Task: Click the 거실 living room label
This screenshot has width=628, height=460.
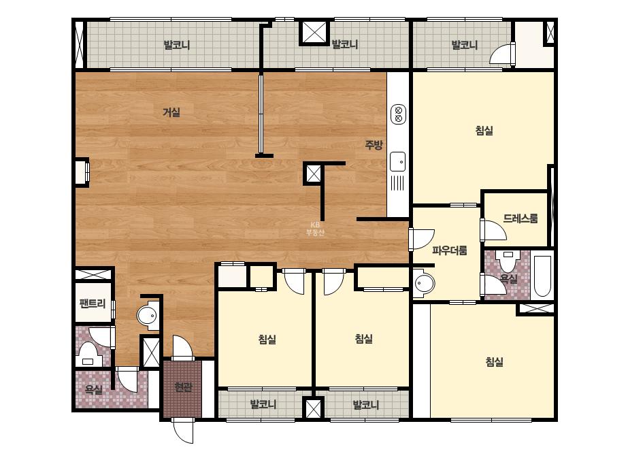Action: (x=171, y=112)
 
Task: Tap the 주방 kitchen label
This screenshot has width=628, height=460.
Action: (x=374, y=145)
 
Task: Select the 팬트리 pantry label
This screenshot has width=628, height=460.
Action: (x=93, y=303)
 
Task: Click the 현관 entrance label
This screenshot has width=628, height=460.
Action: (x=183, y=387)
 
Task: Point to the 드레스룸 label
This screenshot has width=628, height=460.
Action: (x=520, y=218)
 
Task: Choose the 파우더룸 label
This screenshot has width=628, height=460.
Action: (x=450, y=251)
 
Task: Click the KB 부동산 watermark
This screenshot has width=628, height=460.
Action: (x=315, y=229)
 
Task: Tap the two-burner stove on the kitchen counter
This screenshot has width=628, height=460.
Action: (x=398, y=114)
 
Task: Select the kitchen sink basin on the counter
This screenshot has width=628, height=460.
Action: (x=398, y=162)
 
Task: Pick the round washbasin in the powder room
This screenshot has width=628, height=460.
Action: (x=423, y=284)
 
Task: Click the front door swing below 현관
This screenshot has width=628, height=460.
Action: (x=183, y=431)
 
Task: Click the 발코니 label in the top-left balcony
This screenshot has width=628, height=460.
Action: (x=177, y=45)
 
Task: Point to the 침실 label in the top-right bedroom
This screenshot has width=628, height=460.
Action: (x=484, y=130)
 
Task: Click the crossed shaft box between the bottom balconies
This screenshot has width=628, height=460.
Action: (x=313, y=409)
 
